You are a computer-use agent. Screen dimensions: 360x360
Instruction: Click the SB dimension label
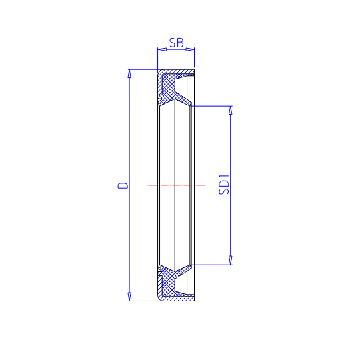176,43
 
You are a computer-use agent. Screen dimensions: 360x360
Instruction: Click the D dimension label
123,185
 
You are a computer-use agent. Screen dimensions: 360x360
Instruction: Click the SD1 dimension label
224,185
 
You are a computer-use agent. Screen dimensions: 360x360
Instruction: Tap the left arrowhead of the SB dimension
162,49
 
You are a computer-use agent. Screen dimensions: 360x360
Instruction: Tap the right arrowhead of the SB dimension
190,49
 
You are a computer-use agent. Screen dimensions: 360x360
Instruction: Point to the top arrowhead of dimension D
129,74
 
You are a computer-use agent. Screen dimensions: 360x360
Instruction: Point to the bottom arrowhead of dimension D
129,297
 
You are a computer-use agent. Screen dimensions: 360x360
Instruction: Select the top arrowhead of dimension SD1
231,111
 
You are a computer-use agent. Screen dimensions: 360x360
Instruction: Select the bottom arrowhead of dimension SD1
231,261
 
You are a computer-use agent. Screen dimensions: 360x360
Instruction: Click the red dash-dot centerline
176,185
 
